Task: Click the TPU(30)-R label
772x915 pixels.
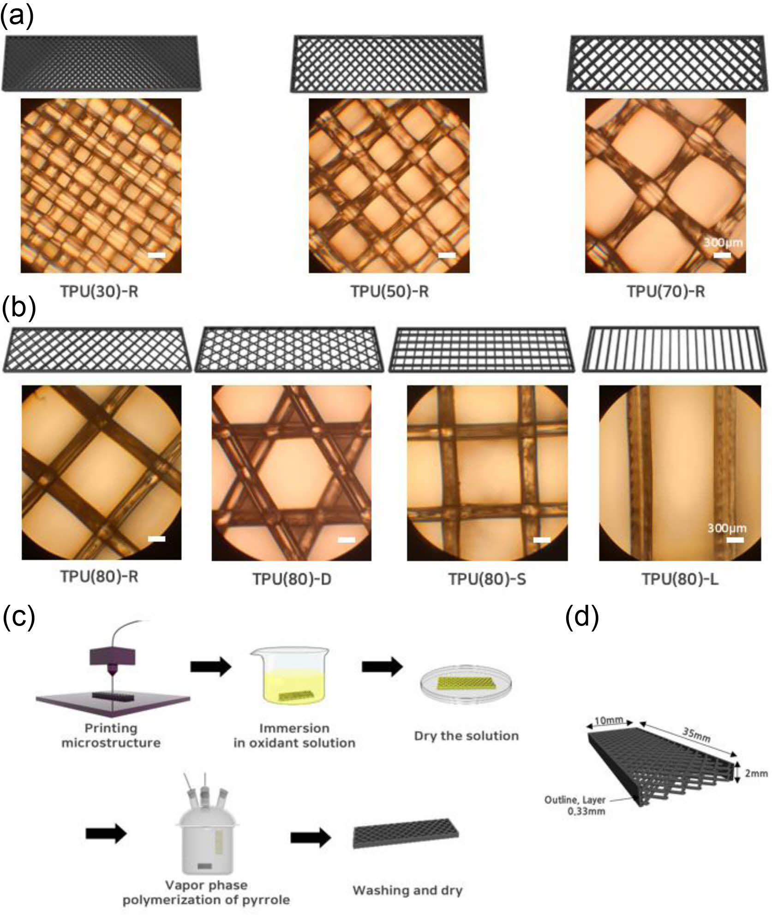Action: (x=99, y=291)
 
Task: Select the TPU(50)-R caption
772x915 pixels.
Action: (x=389, y=291)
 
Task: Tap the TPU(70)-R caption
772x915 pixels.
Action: (x=666, y=291)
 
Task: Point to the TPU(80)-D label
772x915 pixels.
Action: (x=292, y=579)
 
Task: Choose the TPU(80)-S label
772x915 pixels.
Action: (x=487, y=579)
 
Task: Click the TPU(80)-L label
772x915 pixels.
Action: (x=680, y=579)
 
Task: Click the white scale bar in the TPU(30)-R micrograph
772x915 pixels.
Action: (x=156, y=255)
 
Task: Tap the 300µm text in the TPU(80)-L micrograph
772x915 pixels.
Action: (x=727, y=528)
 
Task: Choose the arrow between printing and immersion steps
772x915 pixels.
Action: (x=211, y=666)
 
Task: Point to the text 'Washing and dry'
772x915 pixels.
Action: (x=407, y=891)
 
